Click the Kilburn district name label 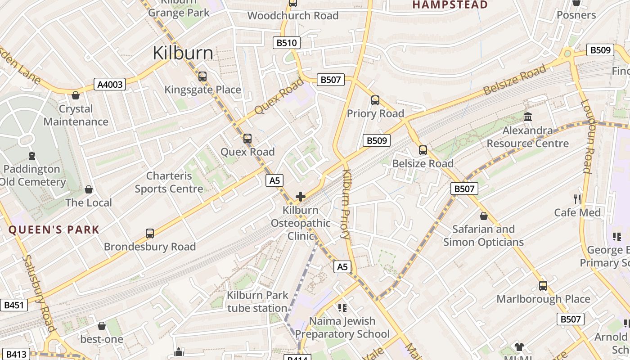click(183, 53)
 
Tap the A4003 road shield click(110, 84)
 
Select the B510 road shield click(287, 43)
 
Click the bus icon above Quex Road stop click(247, 139)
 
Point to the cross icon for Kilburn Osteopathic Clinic click(301, 197)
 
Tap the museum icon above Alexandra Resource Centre click(528, 117)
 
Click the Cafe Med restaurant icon click(577, 199)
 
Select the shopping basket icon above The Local click(89, 189)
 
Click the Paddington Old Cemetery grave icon click(31, 156)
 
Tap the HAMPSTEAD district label click(450, 5)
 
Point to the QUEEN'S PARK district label click(54, 229)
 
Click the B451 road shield click(13, 305)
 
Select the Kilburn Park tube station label click(257, 302)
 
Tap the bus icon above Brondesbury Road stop click(150, 234)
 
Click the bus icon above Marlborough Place click(543, 286)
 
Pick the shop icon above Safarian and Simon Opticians click(483, 216)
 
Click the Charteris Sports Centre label click(169, 182)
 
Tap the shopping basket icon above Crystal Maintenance click(76, 95)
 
